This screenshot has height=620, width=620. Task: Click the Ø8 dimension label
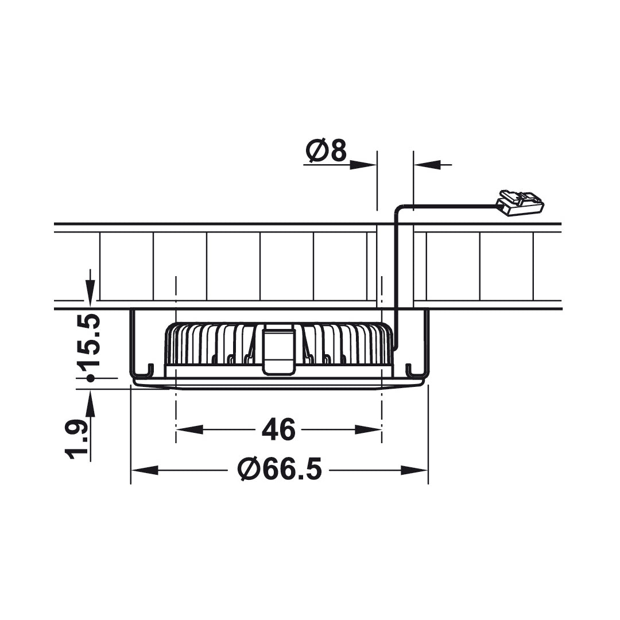tap(326, 150)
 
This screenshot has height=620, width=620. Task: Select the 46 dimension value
tap(278, 429)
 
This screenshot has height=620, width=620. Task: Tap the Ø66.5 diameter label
tap(280, 470)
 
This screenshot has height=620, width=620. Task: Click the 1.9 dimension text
tap(77, 440)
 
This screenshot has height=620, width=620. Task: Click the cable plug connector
tap(520, 203)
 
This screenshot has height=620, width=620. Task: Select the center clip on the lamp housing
tap(279, 350)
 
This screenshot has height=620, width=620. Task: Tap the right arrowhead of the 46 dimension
tap(368, 429)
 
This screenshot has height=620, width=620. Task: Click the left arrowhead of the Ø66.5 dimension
tap(145, 470)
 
